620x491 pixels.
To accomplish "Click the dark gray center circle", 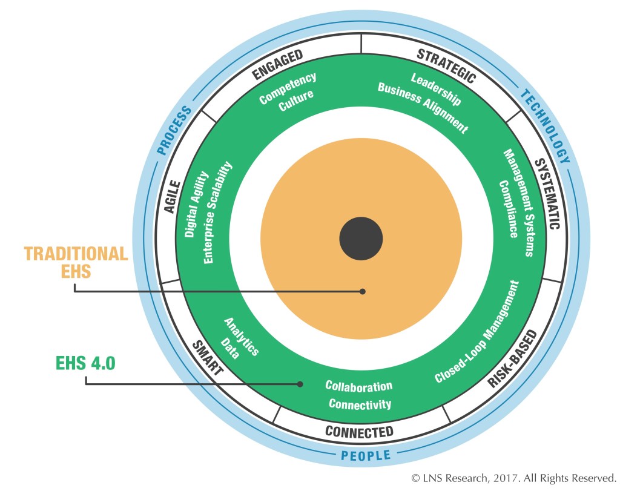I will (361, 238).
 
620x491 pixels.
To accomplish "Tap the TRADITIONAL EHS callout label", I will (76, 262).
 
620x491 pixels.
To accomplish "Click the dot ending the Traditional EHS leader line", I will (363, 291).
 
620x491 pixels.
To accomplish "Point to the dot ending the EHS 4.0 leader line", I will (300, 383).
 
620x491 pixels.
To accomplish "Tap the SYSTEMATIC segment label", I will (546, 193).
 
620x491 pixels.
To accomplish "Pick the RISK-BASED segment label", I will (512, 359).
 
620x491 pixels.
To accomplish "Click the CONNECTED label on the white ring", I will (359, 432).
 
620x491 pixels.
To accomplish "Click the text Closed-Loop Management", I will (477, 332).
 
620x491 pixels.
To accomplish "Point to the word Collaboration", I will (358, 386).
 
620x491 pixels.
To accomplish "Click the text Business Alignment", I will (422, 107).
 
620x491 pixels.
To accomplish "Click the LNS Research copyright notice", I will (514, 478).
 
